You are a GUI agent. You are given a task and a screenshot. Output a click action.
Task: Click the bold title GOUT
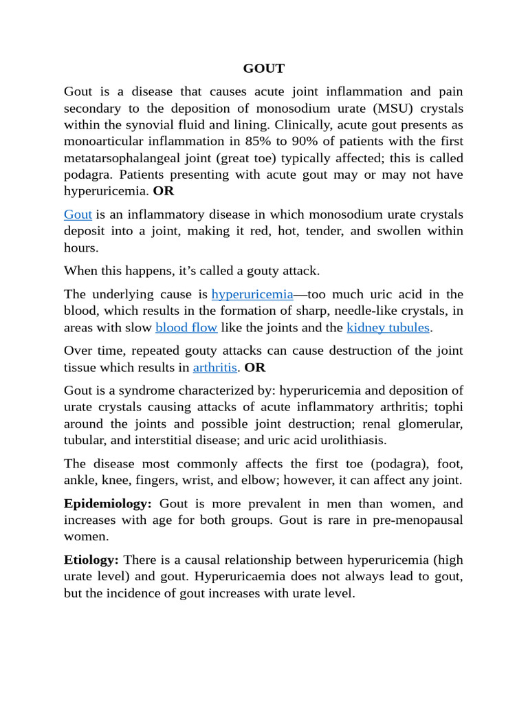(263, 69)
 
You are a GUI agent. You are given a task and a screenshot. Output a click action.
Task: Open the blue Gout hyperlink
(78, 215)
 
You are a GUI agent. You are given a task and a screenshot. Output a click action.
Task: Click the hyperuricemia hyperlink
(252, 295)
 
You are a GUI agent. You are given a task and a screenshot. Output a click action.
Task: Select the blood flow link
(186, 328)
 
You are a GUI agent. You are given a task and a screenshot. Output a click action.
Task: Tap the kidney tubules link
(388, 328)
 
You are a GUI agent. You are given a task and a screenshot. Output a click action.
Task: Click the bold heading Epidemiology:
(107, 504)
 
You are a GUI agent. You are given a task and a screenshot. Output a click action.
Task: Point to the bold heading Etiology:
(91, 560)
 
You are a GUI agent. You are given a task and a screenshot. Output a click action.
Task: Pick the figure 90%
(351, 142)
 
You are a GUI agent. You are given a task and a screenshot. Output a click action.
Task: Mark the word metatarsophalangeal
(123, 158)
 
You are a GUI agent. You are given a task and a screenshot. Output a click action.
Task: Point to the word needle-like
(363, 311)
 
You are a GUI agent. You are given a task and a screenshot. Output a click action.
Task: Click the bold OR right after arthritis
(255, 368)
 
